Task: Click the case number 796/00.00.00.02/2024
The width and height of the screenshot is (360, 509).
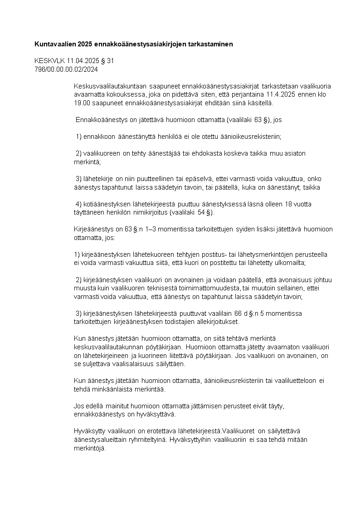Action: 66,69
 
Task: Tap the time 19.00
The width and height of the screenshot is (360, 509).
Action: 81,103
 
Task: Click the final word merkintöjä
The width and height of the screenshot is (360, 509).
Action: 89,448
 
